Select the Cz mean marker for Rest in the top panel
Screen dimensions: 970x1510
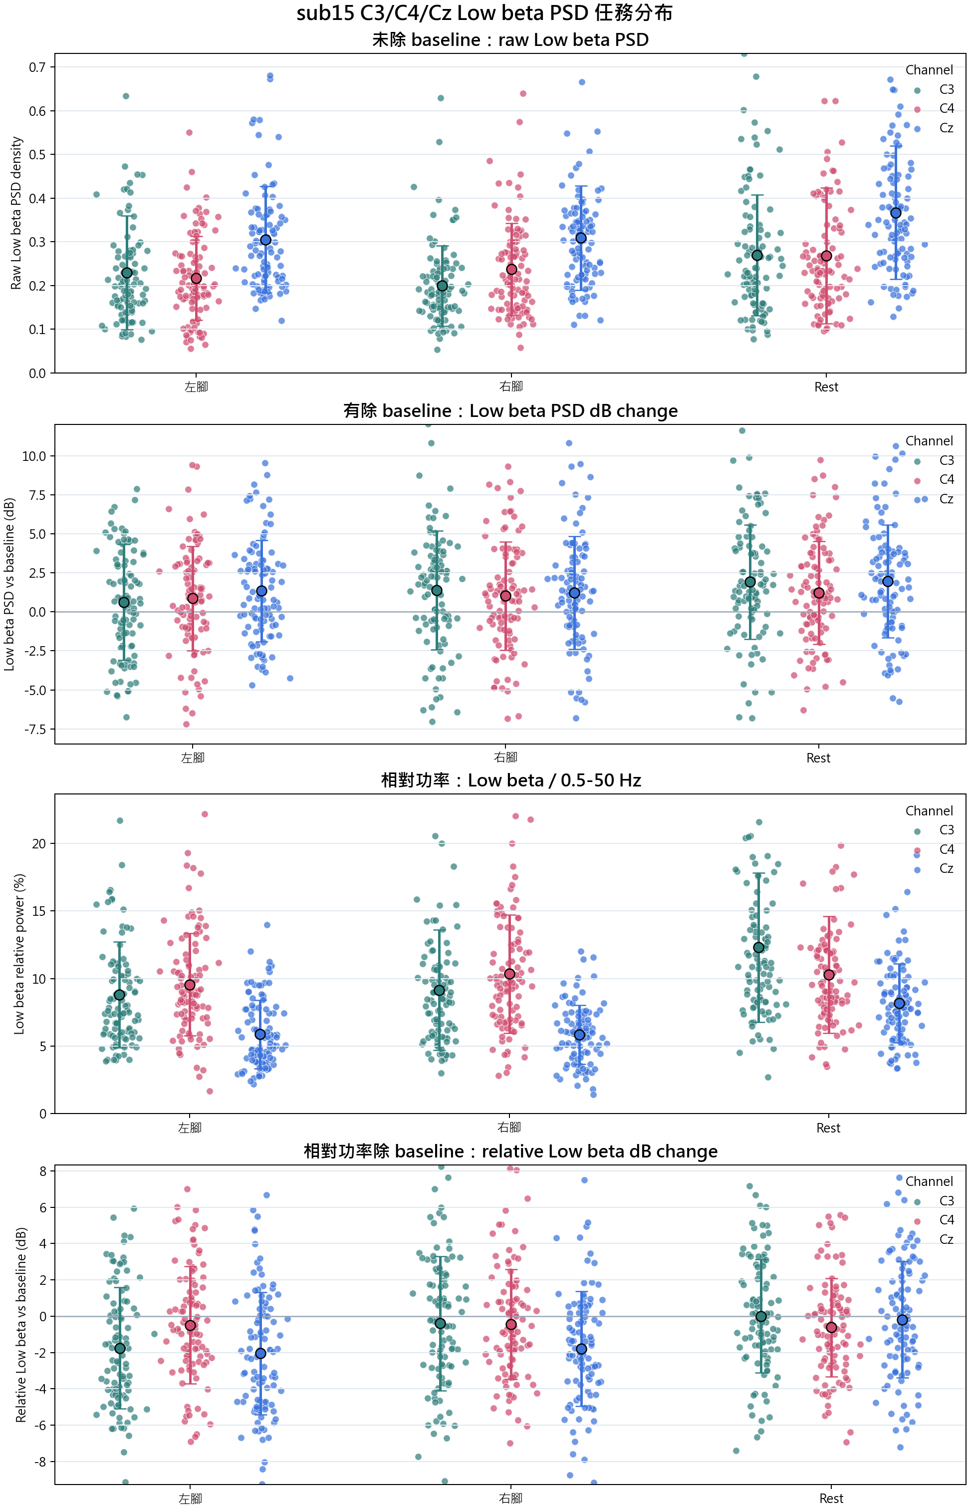click(x=896, y=213)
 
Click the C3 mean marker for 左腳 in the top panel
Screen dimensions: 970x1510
click(x=127, y=273)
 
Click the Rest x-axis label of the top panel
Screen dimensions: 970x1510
click(x=826, y=387)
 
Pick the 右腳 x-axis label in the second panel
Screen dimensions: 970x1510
click(x=506, y=757)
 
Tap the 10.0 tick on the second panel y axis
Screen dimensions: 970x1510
click(x=34, y=456)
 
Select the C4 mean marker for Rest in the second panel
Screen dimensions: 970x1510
click(x=819, y=593)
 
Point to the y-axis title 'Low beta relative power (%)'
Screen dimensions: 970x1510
click(x=19, y=954)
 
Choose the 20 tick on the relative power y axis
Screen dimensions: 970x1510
click(x=39, y=844)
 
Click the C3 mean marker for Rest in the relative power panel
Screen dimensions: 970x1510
click(x=759, y=948)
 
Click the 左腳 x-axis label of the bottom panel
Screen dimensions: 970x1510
click(x=190, y=1499)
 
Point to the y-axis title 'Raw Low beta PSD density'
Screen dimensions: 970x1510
click(x=16, y=213)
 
